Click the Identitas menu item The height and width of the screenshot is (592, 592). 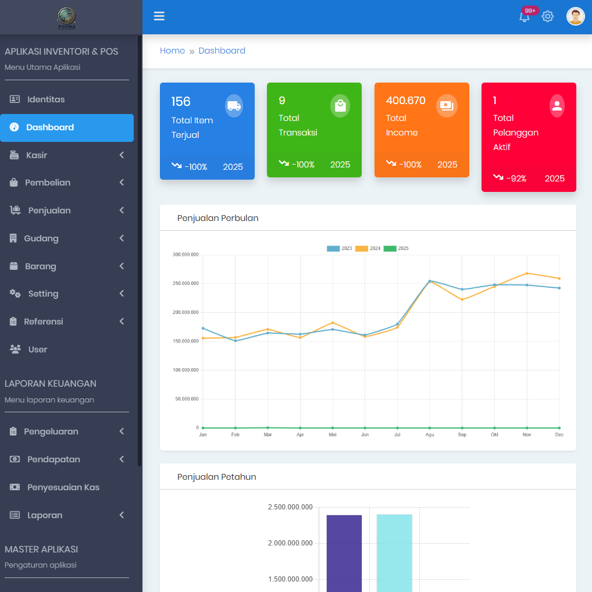click(45, 99)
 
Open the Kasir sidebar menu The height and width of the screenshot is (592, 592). click(37, 155)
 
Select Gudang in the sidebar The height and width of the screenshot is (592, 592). click(41, 238)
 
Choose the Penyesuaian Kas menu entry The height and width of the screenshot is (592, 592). click(63, 487)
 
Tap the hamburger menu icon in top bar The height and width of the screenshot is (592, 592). click(159, 16)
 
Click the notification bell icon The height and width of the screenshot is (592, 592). click(525, 17)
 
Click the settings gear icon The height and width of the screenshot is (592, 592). click(548, 16)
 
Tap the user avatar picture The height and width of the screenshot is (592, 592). click(575, 16)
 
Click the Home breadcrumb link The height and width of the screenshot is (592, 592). click(172, 51)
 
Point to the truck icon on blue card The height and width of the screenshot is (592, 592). click(234, 106)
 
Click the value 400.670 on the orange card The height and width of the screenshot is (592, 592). click(405, 101)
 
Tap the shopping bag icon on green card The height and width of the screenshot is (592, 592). click(340, 106)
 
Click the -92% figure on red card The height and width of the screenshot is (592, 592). click(516, 179)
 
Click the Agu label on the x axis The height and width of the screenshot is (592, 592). click(430, 434)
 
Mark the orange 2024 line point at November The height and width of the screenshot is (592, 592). click(527, 273)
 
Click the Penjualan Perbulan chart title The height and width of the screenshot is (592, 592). click(217, 218)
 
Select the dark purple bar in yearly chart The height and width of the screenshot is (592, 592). click(344, 552)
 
